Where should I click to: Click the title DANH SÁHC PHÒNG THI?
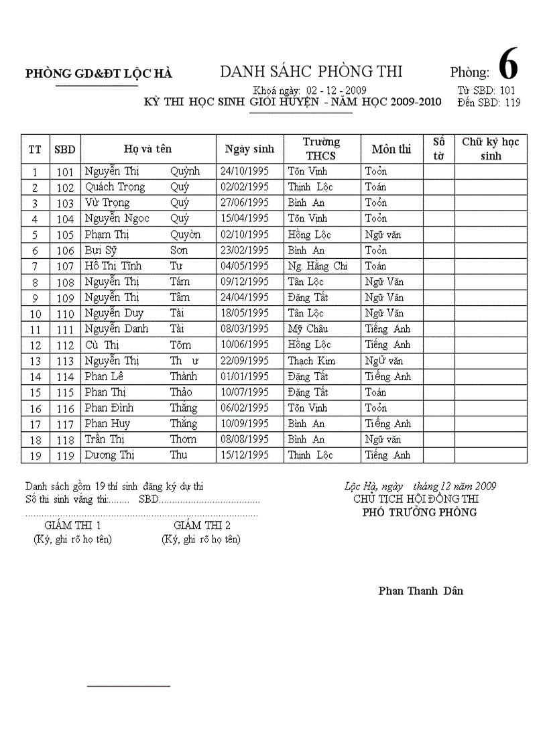click(311, 72)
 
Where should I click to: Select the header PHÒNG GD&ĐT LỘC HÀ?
click(99, 74)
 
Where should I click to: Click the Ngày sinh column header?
click(249, 149)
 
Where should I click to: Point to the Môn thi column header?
click(391, 149)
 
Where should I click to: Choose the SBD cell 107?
click(65, 266)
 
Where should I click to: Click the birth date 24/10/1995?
click(245, 172)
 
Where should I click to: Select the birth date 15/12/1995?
click(245, 455)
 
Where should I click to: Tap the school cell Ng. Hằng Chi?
click(318, 266)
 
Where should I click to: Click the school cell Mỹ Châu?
click(308, 329)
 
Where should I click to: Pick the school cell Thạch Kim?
click(311, 361)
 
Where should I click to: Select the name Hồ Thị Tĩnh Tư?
click(133, 266)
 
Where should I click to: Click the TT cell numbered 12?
click(35, 345)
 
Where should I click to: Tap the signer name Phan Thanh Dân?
click(420, 591)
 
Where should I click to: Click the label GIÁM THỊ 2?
click(202, 525)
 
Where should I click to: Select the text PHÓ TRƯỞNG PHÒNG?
click(420, 512)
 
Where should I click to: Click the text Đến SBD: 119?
click(489, 103)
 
